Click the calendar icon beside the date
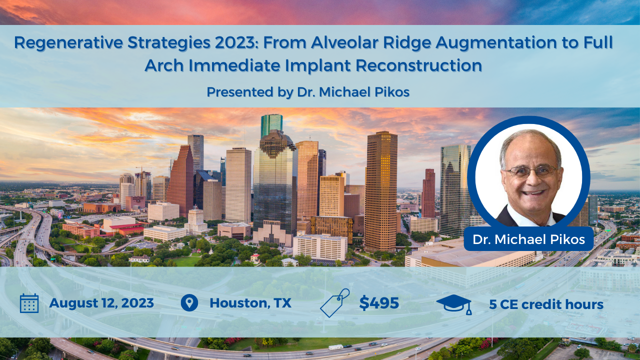[29, 303]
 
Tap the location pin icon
[189, 303]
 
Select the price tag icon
[335, 303]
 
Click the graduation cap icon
[454, 304]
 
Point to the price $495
[379, 303]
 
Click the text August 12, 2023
[101, 303]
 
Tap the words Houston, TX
[250, 303]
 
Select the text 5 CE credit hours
[546, 304]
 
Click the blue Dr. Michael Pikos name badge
[528, 239]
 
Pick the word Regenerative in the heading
[68, 43]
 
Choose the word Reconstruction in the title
[419, 65]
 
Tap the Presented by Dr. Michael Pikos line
[308, 92]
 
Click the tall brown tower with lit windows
[381, 191]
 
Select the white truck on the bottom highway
[335, 347]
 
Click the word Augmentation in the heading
[496, 43]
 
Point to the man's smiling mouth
[532, 193]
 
